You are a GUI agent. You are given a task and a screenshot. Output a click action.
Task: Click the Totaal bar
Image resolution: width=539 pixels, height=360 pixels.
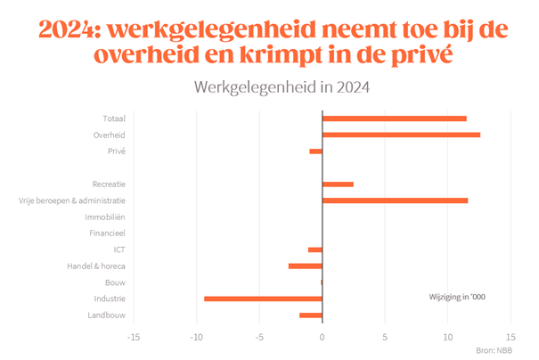[394, 119]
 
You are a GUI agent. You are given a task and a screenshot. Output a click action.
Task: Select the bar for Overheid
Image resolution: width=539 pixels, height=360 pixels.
[401, 135]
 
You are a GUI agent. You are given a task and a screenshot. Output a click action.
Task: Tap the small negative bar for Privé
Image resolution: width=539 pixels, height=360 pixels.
[315, 151]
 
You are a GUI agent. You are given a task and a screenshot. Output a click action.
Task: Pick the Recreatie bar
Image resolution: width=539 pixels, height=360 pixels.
[338, 184]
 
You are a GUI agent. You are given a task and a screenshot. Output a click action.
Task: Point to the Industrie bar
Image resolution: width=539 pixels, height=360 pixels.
[263, 299]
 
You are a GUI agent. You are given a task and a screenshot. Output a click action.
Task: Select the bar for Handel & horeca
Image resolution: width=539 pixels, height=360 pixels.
[305, 266]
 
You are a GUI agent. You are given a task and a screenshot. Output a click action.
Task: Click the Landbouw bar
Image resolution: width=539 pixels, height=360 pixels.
[310, 315]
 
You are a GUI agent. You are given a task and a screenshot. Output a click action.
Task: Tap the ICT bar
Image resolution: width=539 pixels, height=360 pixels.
[314, 250]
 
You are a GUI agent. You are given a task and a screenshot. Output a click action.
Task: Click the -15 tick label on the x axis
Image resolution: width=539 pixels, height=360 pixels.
[134, 338]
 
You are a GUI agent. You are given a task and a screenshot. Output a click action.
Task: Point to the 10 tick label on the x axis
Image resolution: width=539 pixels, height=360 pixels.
[448, 338]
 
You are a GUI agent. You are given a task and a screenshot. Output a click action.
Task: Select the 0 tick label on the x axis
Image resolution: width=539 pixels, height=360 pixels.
[322, 338]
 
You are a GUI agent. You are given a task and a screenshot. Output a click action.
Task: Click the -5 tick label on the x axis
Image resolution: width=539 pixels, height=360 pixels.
[258, 338]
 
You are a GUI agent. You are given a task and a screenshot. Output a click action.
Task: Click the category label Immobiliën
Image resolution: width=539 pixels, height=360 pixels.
[105, 217]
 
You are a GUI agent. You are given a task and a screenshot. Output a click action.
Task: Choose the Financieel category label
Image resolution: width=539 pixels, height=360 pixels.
[106, 233]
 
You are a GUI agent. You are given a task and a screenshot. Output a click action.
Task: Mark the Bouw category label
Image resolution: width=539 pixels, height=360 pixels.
[115, 282]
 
